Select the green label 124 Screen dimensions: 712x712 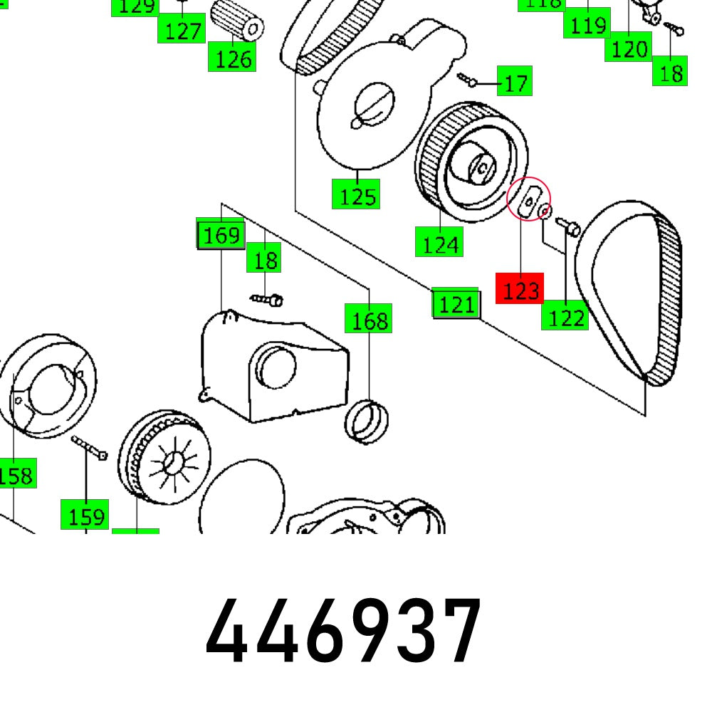point(440,244)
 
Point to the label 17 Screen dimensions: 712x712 point(515,83)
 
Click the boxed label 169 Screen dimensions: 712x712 point(221,235)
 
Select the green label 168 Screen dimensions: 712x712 point(369,320)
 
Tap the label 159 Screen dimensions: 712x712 point(87,516)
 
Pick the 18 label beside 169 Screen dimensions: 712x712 point(265,260)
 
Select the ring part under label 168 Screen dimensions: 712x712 point(368,421)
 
